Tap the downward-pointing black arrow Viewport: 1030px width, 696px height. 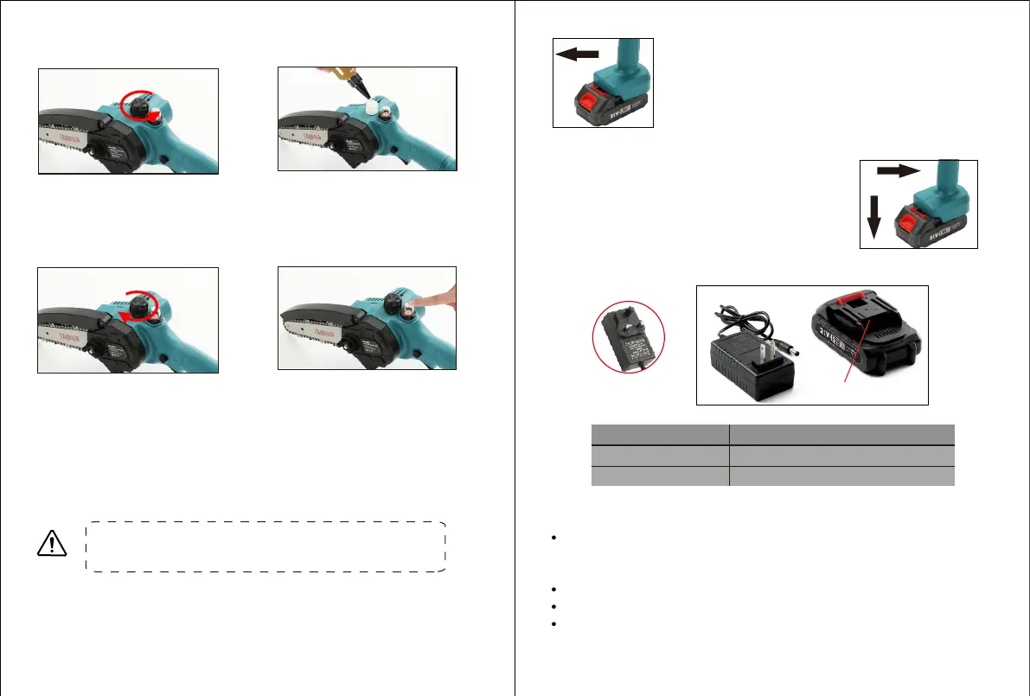tap(873, 216)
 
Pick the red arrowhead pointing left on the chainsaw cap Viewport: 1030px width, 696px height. tap(126, 316)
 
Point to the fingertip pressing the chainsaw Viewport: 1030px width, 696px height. tap(419, 300)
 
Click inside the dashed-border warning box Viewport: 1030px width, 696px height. tap(265, 546)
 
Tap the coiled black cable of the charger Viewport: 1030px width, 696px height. tap(748, 322)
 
